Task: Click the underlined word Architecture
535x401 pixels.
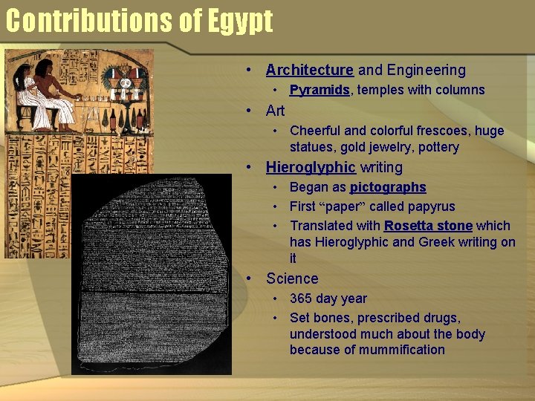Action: point(309,71)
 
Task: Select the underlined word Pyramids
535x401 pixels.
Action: point(320,90)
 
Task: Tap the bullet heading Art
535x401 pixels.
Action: point(275,111)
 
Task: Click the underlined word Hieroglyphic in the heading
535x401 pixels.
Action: point(311,167)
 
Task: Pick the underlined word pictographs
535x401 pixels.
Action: point(388,187)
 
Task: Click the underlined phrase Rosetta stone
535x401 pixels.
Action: point(428,226)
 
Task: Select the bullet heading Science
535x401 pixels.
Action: point(292,278)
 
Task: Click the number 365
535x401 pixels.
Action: point(301,299)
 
